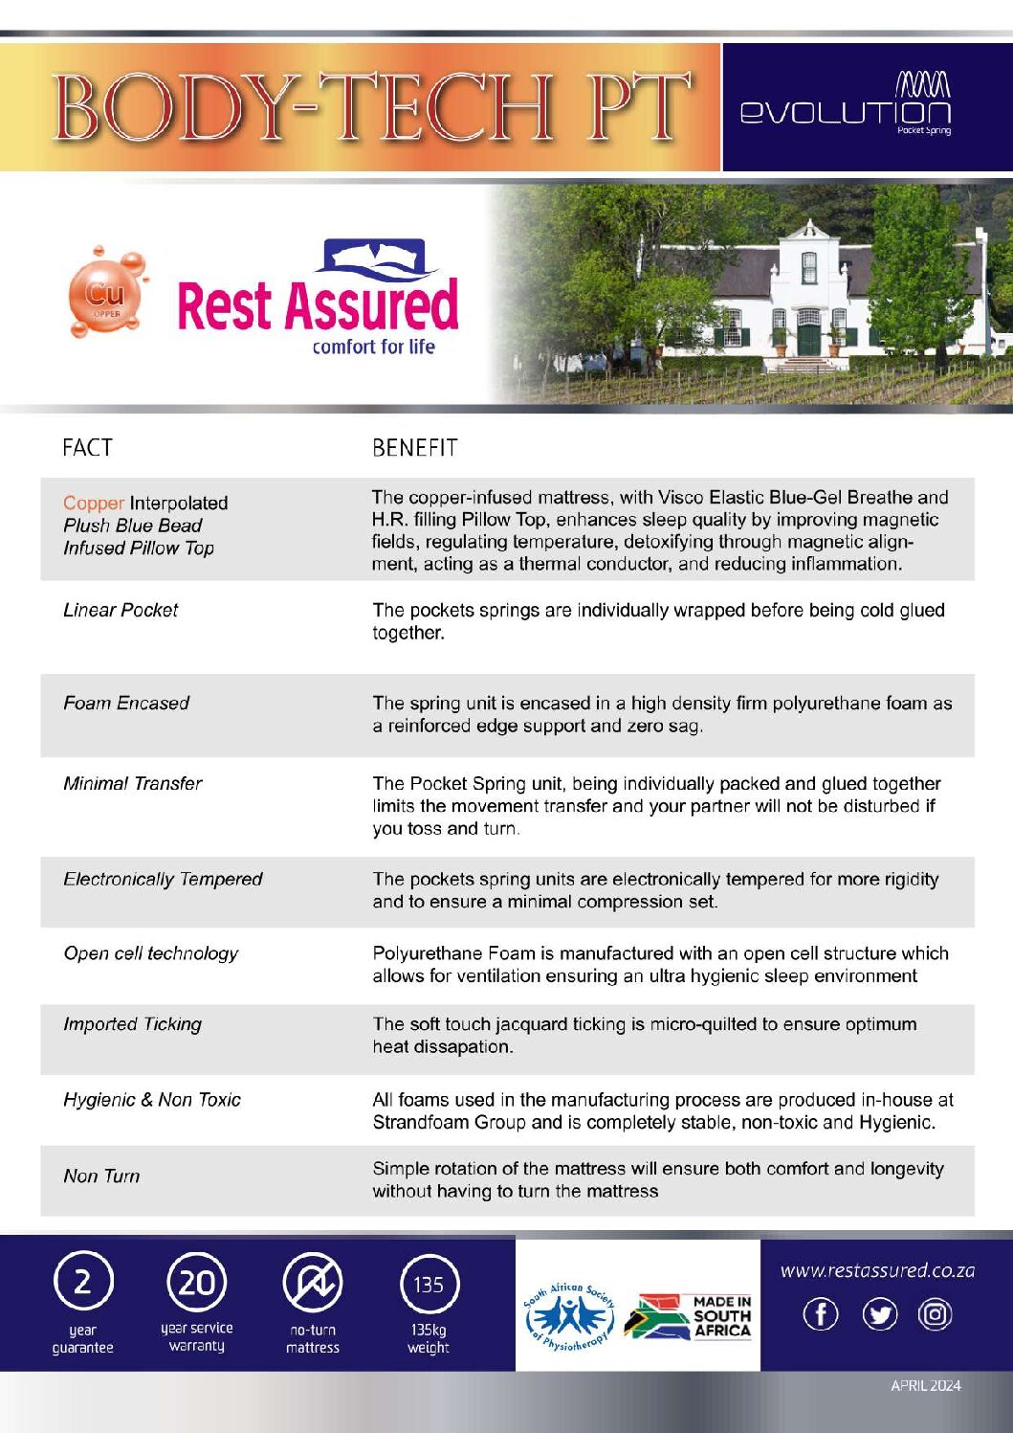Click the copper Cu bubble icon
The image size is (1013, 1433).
105,294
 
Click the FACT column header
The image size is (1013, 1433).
87,447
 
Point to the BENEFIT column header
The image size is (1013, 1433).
414,447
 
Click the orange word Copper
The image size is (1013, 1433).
93,503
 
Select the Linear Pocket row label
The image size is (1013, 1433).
121,610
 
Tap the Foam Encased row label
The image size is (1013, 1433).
126,703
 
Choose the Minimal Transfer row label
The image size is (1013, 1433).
133,783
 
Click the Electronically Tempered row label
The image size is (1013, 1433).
163,879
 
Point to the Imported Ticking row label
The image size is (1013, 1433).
132,1023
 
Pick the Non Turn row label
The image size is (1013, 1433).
101,1176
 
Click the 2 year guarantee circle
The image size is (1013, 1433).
82,1282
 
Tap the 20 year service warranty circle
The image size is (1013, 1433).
197,1282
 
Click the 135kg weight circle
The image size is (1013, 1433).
429,1284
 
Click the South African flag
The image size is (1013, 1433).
657,1316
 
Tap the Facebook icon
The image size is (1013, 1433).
821,1314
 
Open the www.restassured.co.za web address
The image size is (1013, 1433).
877,1270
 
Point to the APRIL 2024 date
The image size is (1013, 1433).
925,1385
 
